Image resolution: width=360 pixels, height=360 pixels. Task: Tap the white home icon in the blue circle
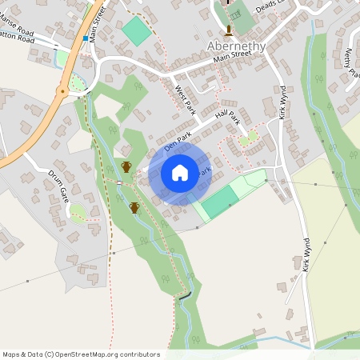(180, 172)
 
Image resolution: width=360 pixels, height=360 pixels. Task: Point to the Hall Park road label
(228, 120)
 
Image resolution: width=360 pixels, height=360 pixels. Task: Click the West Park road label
(185, 99)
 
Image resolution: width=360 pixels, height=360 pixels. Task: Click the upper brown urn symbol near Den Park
(126, 166)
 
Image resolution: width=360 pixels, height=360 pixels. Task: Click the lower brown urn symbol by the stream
(134, 208)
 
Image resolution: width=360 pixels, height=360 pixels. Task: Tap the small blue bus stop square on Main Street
(85, 38)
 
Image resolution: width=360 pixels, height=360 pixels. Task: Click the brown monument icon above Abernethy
(230, 30)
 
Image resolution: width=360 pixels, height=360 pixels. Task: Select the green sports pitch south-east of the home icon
(219, 202)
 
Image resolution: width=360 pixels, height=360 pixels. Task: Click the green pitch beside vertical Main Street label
(135, 30)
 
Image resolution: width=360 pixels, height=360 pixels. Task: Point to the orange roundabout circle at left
(62, 91)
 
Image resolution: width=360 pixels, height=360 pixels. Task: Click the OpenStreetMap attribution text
(82, 354)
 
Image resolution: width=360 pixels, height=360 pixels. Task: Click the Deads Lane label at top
(272, 6)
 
